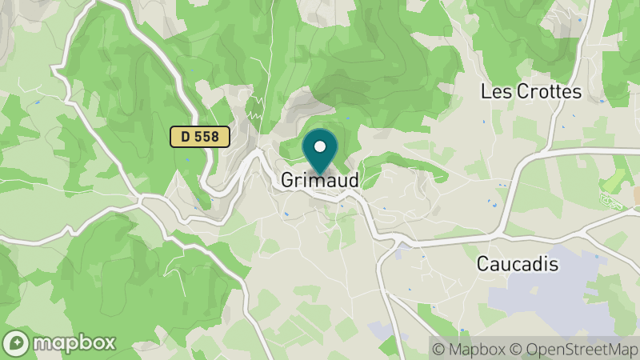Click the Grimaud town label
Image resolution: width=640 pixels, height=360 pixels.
(319, 181)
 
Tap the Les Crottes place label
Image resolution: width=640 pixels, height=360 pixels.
(530, 92)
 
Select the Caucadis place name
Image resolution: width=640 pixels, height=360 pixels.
(528, 263)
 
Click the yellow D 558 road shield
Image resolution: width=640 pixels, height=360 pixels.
(200, 137)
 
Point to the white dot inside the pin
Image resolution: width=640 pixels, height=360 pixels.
(321, 146)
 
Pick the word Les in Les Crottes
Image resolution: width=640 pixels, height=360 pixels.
(494, 92)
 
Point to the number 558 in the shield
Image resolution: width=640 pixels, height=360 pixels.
(207, 137)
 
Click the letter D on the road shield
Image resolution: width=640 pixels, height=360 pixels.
(186, 137)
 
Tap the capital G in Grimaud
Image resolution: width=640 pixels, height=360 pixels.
(287, 181)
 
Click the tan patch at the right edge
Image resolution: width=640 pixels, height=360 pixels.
(636, 194)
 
